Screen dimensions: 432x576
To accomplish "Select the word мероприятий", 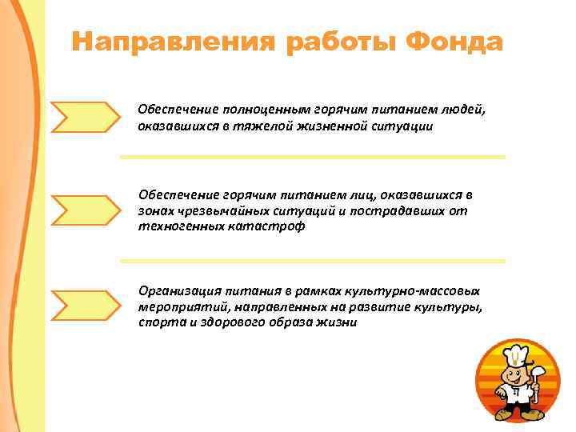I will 178,307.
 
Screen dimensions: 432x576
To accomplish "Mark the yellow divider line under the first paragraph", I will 312,157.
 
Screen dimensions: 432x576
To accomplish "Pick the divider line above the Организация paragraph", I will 312,261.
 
